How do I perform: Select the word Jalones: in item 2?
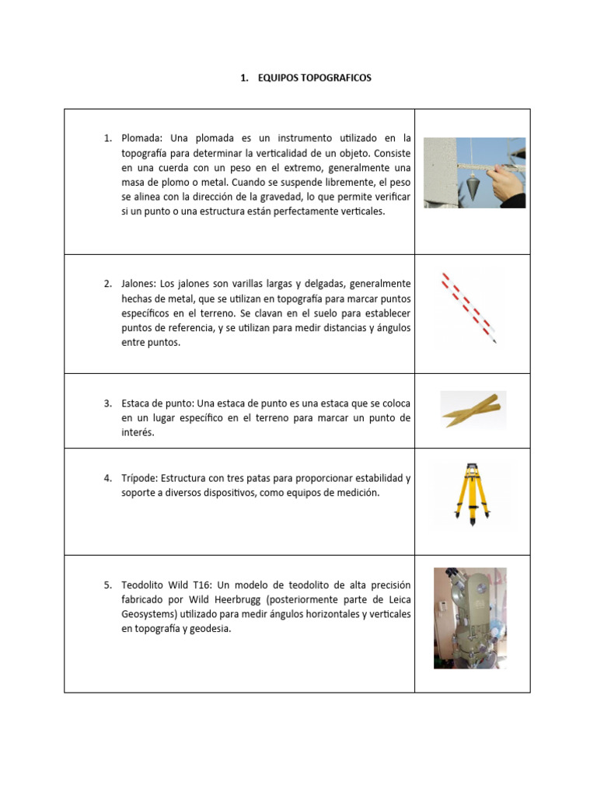(138, 284)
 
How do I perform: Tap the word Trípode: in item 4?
(140, 478)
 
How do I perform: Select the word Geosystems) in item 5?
(151, 615)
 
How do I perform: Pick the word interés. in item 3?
(138, 433)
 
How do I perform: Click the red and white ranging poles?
(469, 307)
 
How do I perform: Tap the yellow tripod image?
(472, 492)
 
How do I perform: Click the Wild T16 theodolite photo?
(470, 618)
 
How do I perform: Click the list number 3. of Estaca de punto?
(108, 403)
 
